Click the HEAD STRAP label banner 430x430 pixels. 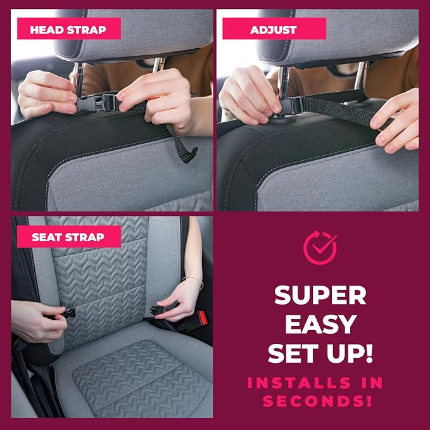(69, 28)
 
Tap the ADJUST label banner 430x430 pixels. (274, 28)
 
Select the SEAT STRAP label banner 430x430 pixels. (69, 237)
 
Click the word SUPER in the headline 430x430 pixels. (320, 295)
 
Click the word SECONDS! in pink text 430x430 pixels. (317, 401)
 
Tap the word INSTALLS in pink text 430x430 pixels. (299, 383)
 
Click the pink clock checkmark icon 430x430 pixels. (320, 248)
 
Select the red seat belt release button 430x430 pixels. (203, 317)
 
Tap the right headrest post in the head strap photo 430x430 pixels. (158, 65)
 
